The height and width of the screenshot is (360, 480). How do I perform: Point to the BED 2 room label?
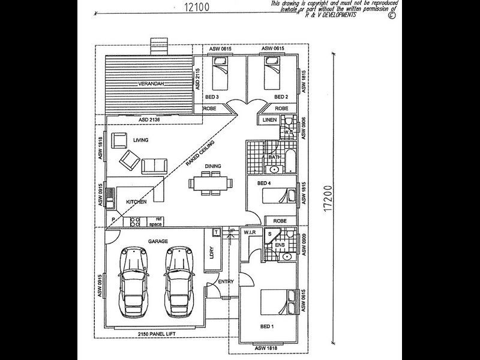click(281, 97)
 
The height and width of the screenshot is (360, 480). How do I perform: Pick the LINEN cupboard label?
click(269, 120)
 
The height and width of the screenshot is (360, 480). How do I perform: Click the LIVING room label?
click(140, 140)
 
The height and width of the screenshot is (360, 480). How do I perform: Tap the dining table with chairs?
click(209, 184)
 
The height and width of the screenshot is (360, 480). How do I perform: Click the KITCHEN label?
click(136, 202)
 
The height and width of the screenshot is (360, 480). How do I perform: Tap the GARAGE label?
click(158, 241)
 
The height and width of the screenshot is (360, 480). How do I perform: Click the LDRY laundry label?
click(212, 254)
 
